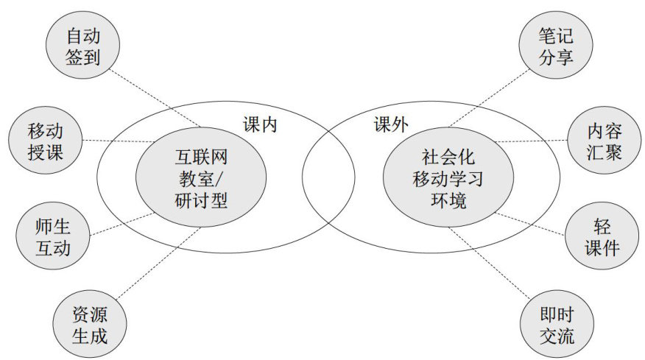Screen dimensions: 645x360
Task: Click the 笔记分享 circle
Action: click(556, 46)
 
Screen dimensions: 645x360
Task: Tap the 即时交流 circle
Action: click(556, 327)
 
